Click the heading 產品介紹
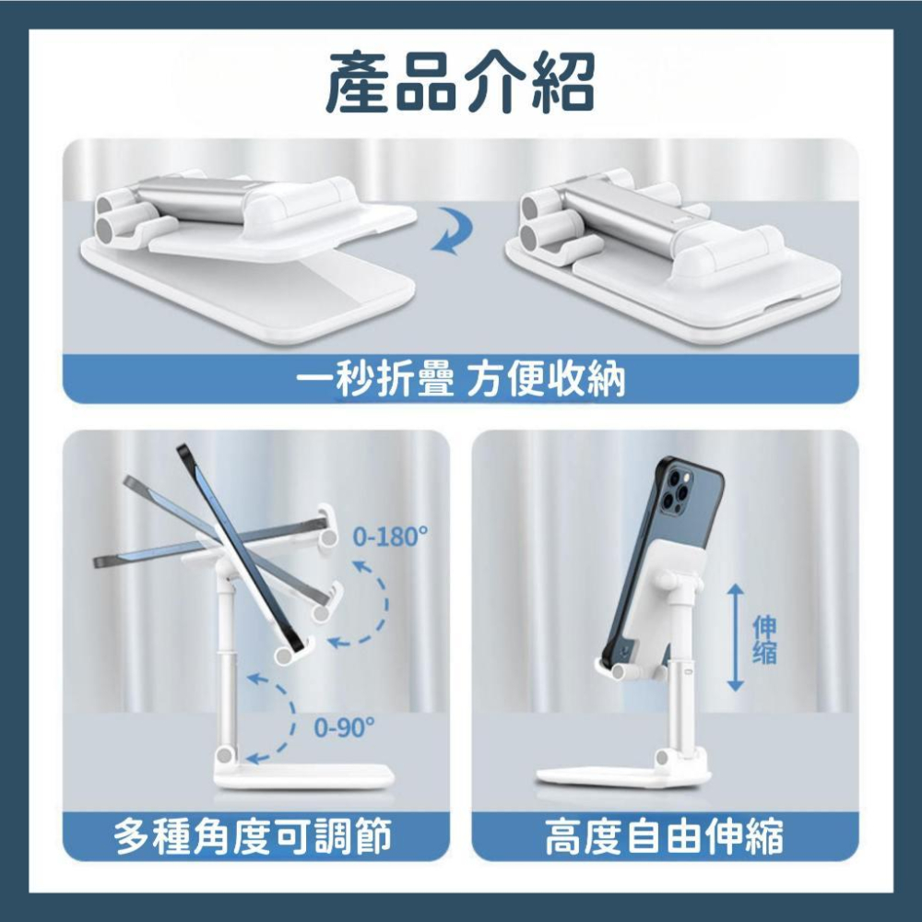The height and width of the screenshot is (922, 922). tap(460, 84)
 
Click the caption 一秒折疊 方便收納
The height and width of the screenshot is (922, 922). tap(461, 379)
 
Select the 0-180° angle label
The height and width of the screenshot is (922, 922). tap(391, 537)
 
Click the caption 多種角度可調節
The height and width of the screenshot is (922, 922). tap(253, 838)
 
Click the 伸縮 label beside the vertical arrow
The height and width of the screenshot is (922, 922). tap(764, 640)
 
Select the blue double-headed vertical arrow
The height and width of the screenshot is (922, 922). tap(735, 637)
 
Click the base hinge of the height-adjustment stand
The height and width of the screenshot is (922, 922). tap(660, 759)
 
